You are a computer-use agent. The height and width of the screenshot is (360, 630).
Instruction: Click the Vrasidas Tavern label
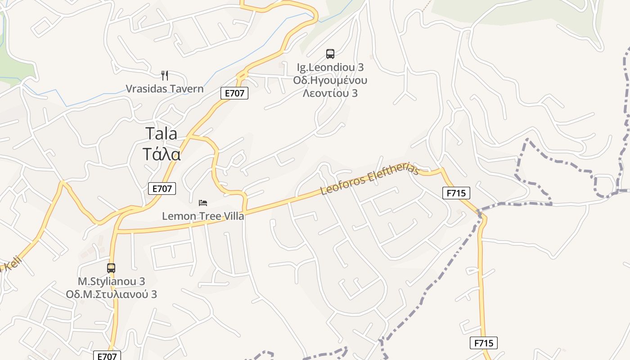tap(164, 89)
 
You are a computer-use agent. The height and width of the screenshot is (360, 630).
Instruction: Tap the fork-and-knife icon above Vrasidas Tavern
tap(165, 75)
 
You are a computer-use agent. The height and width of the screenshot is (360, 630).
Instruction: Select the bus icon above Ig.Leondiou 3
tap(330, 54)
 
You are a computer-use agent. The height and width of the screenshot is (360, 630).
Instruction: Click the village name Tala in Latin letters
tap(161, 134)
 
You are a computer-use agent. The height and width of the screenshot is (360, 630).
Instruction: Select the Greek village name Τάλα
tap(162, 154)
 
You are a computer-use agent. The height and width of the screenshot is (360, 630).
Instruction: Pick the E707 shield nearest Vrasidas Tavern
tap(234, 93)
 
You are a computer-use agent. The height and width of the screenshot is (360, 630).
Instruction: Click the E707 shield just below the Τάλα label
tap(162, 189)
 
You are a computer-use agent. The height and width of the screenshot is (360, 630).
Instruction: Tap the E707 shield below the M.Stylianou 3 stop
tap(107, 356)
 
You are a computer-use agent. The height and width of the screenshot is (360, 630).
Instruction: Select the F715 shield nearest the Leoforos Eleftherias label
tap(456, 193)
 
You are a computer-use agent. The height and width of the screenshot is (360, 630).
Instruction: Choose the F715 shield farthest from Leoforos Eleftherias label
tap(484, 343)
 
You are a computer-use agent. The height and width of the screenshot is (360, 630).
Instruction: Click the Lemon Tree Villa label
tap(203, 216)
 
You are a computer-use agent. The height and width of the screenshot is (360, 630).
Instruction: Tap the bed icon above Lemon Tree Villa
tap(203, 203)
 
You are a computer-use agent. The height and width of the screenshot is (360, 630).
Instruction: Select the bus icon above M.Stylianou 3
tap(111, 268)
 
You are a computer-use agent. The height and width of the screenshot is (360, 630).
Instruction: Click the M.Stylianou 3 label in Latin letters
tap(112, 281)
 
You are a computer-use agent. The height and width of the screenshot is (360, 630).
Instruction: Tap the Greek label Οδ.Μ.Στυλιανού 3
tap(112, 294)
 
